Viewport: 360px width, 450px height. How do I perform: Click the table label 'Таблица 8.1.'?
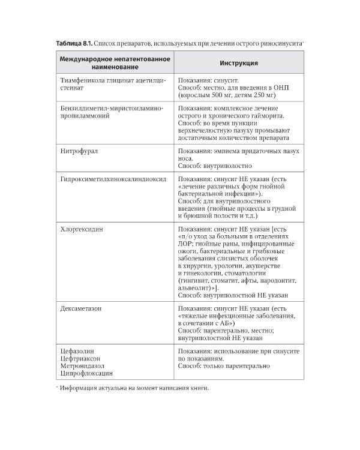(x=73, y=44)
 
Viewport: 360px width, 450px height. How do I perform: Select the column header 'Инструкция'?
(x=238, y=62)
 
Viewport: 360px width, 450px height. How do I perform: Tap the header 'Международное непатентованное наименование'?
(x=115, y=62)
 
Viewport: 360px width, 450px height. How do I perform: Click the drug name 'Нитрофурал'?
(x=79, y=151)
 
